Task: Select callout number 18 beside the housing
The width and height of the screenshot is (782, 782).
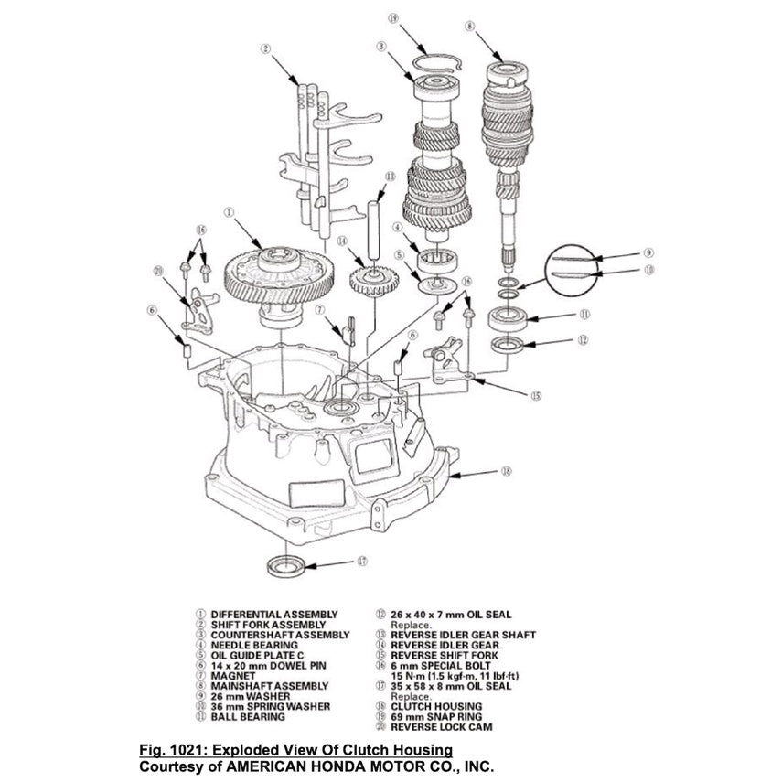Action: pos(507,472)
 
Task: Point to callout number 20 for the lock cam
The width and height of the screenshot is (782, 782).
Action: pos(159,271)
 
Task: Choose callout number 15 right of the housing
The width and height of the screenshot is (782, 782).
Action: pos(537,395)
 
